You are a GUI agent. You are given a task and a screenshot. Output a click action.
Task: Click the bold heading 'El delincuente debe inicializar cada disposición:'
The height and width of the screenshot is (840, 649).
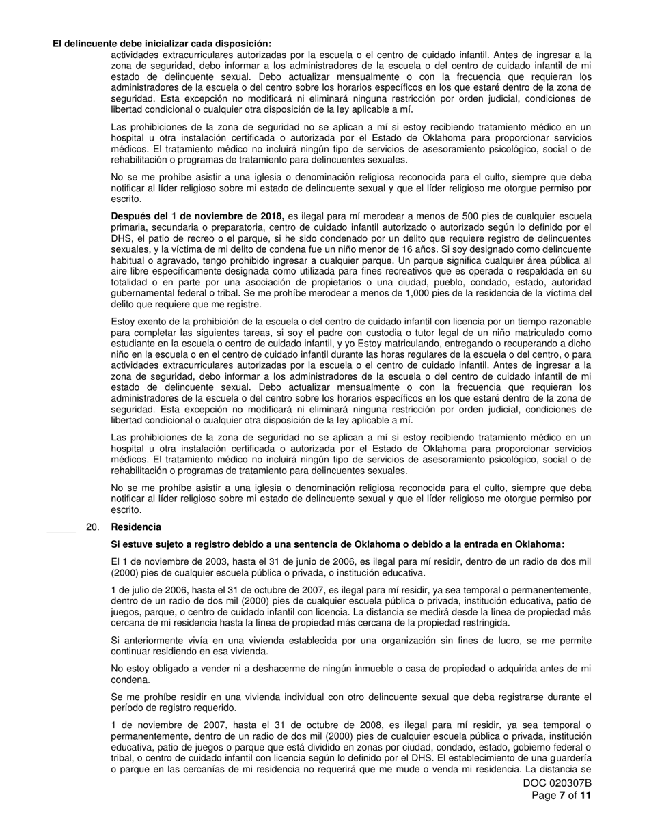(162, 44)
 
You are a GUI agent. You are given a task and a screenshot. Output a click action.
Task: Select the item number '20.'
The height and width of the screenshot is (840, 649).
(94, 527)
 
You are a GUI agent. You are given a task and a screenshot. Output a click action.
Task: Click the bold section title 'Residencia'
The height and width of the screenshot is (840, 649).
(136, 527)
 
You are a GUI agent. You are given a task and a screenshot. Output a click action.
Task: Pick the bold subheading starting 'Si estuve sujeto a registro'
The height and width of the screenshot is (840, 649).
(337, 544)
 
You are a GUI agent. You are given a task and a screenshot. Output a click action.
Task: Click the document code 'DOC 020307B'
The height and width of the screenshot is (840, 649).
(557, 783)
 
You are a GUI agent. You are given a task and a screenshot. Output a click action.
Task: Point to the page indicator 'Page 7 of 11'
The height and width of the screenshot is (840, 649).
(562, 796)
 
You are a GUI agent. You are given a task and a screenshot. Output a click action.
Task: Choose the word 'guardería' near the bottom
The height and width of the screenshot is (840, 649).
(570, 759)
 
